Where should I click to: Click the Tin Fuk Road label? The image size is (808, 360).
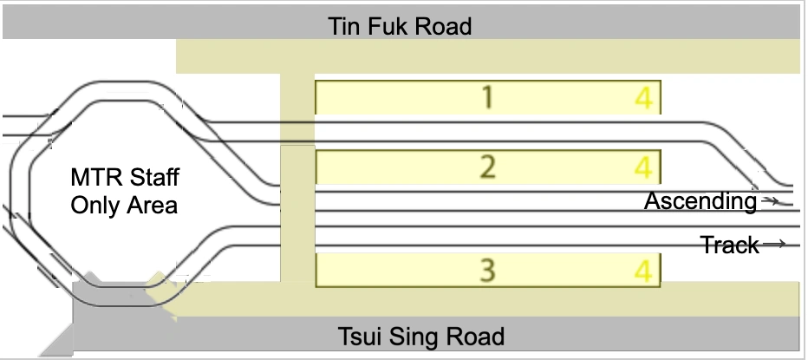[x=400, y=26]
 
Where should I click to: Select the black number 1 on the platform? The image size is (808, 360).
[x=488, y=97]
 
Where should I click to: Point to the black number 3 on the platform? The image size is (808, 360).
[x=488, y=272]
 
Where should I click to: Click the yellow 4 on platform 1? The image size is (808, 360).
[x=642, y=98]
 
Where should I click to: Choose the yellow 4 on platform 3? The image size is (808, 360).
[x=642, y=272]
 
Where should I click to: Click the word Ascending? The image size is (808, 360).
[x=700, y=202]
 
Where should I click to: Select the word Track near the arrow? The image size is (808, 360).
[x=730, y=245]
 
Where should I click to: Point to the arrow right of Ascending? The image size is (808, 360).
[x=769, y=201]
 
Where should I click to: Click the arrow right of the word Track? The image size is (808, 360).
[x=774, y=245]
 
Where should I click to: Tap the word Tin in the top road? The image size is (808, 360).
[x=343, y=26]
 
